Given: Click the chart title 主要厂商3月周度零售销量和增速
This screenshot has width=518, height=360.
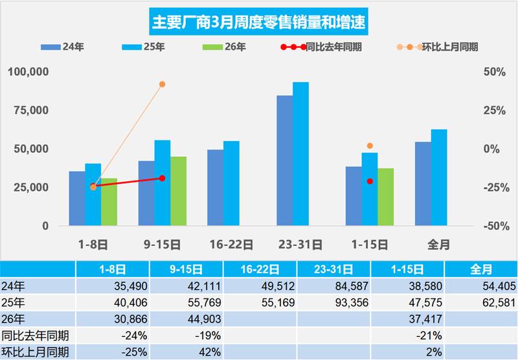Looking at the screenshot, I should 259,22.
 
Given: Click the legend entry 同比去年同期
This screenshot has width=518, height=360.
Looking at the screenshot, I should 330,47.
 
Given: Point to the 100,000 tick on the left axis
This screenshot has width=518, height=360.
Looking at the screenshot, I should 28,71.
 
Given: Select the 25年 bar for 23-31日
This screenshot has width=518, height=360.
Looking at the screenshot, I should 300,154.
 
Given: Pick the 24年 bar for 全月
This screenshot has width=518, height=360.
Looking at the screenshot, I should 423,184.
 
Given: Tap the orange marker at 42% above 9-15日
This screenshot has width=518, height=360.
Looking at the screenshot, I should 162,84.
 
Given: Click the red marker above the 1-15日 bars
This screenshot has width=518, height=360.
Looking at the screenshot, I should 370,181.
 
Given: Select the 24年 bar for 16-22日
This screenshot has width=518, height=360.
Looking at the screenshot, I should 216,188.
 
